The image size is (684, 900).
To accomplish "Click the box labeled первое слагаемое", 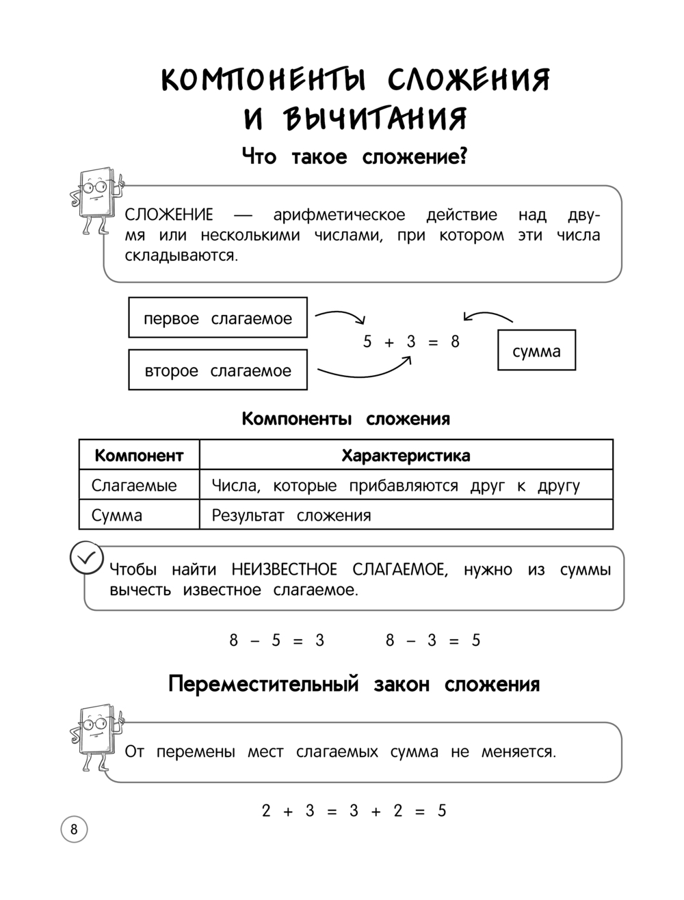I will click(218, 318).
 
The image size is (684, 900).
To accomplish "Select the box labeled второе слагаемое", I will click(218, 370).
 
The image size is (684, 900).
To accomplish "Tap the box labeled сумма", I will click(536, 351).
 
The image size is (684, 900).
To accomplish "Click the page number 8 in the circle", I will click(74, 830).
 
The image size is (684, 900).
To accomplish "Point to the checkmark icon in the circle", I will click(86, 558).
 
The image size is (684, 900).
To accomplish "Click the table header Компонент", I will click(139, 455).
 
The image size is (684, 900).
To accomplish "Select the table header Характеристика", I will click(406, 455).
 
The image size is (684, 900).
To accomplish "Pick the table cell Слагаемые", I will click(134, 485).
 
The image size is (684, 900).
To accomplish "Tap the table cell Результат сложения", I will click(291, 515).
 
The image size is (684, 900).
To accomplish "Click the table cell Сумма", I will click(117, 515).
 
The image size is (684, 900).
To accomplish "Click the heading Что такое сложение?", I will click(354, 157).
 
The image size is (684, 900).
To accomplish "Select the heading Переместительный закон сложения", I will click(354, 684).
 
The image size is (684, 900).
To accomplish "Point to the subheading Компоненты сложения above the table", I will click(345, 418).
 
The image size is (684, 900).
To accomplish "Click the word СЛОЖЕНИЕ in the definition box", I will click(169, 215).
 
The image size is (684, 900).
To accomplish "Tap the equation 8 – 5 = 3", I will click(276, 640).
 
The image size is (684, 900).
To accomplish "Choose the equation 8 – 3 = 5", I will click(433, 640).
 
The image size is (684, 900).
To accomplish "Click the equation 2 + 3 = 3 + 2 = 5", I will click(354, 810).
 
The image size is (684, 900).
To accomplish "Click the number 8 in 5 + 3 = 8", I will click(455, 342).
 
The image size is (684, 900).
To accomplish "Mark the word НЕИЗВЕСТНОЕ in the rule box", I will click(285, 569).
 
